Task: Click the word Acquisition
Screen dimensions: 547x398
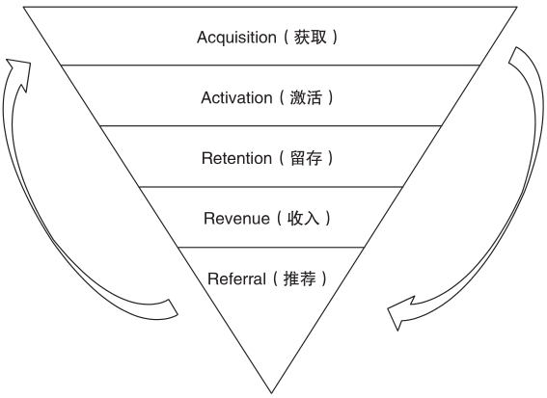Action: [x=236, y=38]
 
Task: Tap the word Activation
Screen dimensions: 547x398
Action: [x=236, y=98]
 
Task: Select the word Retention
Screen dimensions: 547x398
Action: [x=236, y=158]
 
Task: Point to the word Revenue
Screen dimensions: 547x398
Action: [x=236, y=219]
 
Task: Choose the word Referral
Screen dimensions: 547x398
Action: [x=236, y=279]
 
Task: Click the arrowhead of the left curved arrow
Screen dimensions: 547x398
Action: [x=19, y=71]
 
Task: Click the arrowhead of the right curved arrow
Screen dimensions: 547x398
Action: [x=401, y=313]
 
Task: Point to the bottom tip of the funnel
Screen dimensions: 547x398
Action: [x=271, y=393]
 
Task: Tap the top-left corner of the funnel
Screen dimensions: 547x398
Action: [x=24, y=8]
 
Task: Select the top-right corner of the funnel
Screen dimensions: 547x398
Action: [x=517, y=8]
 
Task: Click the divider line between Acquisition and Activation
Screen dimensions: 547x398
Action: [x=271, y=66]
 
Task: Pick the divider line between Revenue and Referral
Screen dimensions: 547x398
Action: [x=271, y=248]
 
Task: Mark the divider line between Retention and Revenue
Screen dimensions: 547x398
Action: [x=271, y=187]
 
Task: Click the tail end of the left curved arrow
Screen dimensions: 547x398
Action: [x=174, y=307]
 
